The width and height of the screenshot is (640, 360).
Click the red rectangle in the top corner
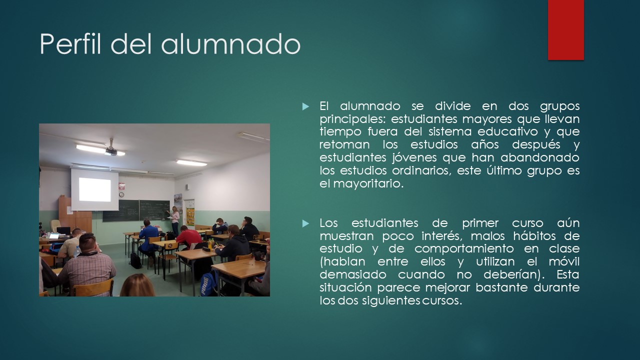point(565,30)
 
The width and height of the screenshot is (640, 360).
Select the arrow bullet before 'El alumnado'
point(305,107)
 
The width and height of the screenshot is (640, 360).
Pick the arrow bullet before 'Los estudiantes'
point(305,223)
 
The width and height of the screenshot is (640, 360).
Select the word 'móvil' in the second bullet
point(564,261)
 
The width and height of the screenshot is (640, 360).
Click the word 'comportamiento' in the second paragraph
point(464,249)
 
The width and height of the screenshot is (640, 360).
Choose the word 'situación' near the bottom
point(345,287)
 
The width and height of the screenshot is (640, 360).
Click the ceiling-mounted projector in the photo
point(111,149)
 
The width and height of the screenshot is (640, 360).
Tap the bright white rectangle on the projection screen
point(95,189)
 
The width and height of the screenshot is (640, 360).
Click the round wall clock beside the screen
point(121,194)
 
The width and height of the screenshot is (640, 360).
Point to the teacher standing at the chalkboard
point(175,220)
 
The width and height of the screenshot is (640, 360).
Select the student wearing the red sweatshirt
point(188,237)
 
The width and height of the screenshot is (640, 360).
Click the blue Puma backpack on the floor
point(208,283)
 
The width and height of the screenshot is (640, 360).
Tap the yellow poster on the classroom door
point(190,217)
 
